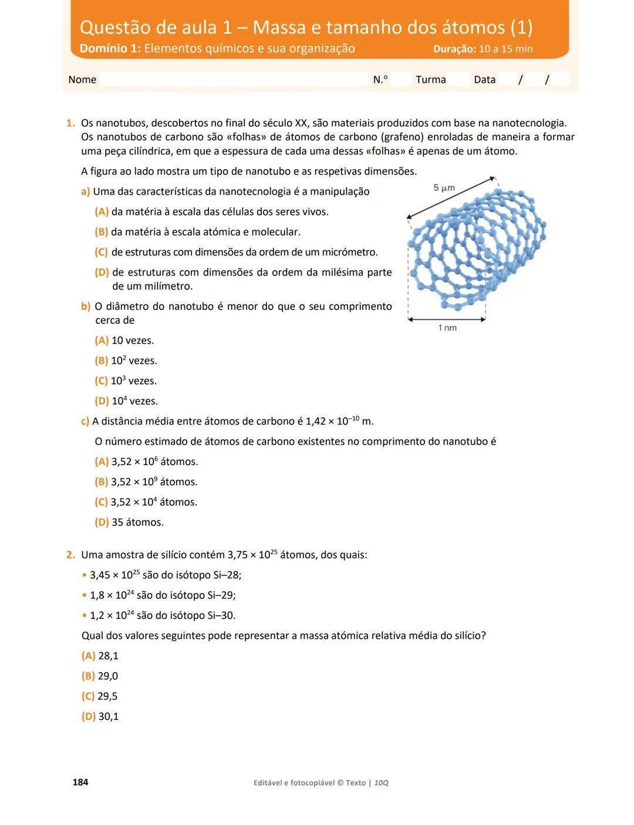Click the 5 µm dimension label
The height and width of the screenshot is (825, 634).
tap(444, 188)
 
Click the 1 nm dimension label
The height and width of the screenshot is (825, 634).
tap(447, 328)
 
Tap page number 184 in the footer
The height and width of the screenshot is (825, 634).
tap(80, 782)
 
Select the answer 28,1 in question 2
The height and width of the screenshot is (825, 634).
tap(108, 656)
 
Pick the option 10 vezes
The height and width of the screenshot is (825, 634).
tap(132, 341)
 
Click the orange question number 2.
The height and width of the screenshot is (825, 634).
tap(70, 555)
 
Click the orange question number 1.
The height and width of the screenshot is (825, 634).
tap(70, 123)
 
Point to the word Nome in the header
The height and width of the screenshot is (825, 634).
tap(82, 80)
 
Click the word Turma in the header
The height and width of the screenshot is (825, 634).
tap(431, 80)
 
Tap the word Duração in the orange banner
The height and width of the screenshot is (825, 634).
tap(454, 49)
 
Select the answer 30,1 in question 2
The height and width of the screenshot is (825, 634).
tap(109, 716)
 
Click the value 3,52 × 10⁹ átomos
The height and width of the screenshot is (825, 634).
tap(154, 482)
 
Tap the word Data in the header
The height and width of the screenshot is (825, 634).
tap(485, 80)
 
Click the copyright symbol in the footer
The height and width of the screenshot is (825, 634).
tap(340, 783)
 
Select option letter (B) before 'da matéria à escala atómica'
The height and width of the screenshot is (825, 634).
tap(102, 232)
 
